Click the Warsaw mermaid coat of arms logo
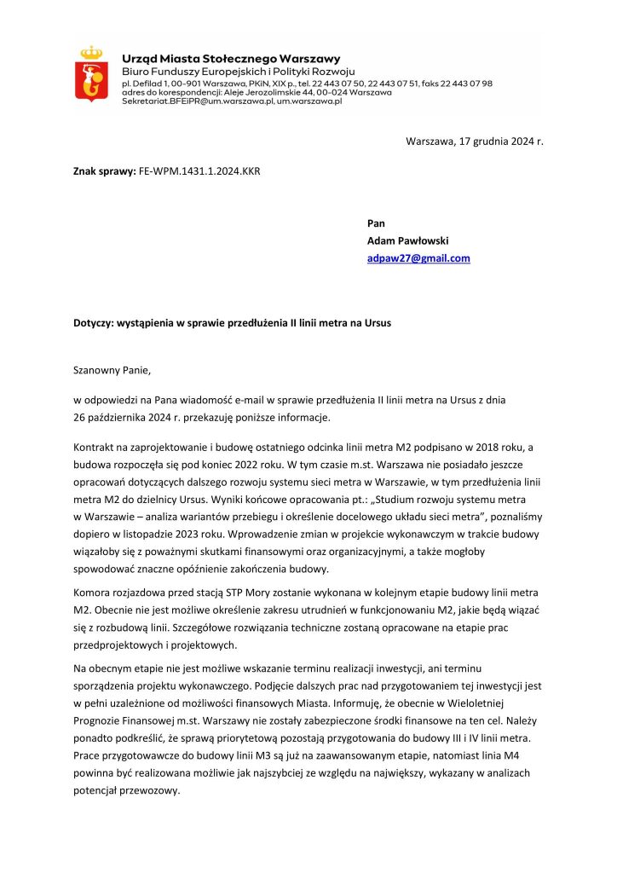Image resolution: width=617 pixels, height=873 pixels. coord(90,75)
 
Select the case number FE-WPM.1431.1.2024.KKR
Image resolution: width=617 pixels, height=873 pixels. coord(199,171)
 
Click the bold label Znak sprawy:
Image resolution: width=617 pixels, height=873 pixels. coord(105,171)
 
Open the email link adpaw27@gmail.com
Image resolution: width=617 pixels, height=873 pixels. coord(418,258)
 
